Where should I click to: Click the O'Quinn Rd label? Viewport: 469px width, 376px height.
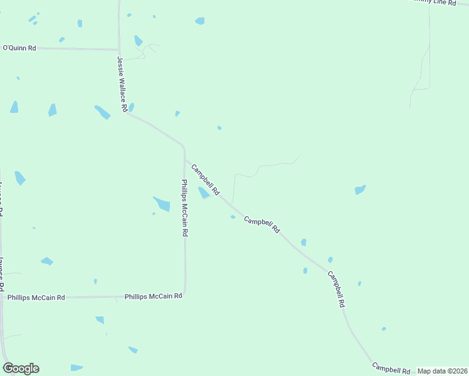20,48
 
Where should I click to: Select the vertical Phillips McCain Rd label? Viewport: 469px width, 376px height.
184,207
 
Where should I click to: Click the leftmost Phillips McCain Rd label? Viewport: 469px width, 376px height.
36,298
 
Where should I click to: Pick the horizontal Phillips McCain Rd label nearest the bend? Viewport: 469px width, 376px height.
154,296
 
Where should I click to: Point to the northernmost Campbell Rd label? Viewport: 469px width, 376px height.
205,179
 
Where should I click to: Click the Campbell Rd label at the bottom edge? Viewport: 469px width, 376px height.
391,368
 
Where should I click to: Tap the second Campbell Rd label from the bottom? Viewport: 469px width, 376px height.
335,289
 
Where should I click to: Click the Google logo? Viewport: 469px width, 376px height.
21,368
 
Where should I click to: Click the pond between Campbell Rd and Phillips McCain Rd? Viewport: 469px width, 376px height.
204,193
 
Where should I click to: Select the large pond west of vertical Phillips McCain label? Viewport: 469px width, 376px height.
162,204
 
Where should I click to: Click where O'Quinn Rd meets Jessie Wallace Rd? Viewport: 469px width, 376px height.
119,49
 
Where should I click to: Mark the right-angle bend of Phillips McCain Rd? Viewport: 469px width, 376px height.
184,295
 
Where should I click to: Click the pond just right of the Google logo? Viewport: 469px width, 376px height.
76,367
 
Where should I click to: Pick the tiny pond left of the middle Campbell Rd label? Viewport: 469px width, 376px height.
233,217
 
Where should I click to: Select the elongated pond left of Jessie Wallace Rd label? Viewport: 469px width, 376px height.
102,112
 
